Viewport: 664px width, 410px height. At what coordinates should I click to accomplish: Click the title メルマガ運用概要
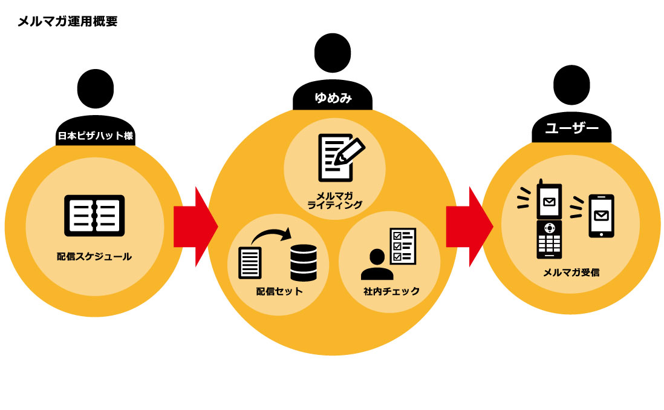[67, 22]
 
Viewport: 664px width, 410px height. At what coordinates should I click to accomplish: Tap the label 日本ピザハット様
[95, 136]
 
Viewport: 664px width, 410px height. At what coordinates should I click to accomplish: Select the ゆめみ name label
[333, 98]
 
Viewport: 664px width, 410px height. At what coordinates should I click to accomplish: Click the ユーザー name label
[571, 129]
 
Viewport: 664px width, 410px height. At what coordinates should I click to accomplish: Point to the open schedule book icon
[94, 216]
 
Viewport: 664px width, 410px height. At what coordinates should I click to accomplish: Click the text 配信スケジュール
[94, 257]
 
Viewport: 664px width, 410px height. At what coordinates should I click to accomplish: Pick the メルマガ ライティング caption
[334, 200]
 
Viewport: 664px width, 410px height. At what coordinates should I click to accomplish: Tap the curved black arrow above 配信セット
[271, 234]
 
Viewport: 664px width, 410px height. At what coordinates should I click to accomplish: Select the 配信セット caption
[279, 292]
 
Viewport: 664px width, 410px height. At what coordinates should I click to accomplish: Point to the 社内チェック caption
[391, 291]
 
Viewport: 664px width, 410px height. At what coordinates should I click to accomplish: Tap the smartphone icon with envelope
[601, 216]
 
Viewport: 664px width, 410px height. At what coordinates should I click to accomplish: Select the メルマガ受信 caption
[571, 273]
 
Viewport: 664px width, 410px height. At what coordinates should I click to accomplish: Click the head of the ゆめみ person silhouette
[332, 53]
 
